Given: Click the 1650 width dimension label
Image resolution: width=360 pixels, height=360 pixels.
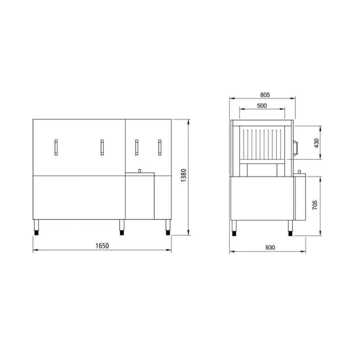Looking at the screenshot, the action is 102,246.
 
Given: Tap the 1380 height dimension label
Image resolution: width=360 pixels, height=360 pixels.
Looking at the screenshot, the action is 183,175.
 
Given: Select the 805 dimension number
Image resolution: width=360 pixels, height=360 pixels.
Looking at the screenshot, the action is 265,95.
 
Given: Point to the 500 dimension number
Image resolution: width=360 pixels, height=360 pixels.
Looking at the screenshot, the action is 262,106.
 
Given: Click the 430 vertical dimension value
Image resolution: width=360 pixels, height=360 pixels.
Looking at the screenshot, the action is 316,143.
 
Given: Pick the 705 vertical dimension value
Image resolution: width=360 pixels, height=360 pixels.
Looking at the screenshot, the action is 315,205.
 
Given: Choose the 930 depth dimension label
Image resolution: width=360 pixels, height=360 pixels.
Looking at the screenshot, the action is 270,247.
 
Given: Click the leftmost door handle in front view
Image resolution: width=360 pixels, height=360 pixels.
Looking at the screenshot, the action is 56,147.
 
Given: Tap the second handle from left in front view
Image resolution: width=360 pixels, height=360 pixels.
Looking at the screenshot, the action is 102,147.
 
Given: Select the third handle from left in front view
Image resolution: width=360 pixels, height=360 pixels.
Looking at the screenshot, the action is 136,147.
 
